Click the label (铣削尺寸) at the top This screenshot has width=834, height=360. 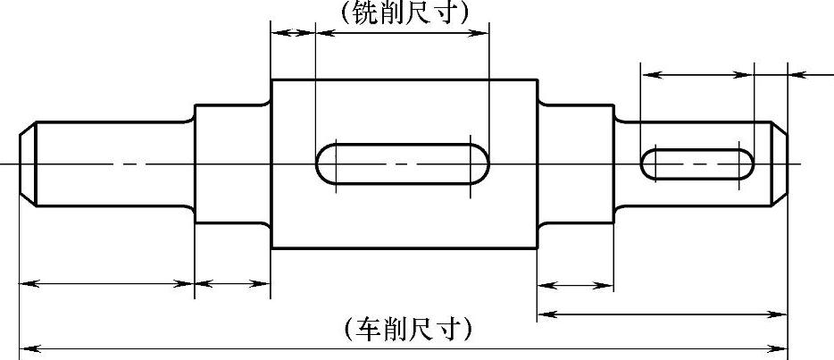click(404, 12)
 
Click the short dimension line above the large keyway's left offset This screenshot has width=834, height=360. click(293, 33)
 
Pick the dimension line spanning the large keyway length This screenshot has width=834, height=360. click(402, 33)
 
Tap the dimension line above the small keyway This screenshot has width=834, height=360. click(696, 74)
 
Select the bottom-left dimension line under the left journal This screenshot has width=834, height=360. click(106, 284)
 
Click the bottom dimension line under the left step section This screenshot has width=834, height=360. click(232, 284)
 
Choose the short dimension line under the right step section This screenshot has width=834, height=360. click(575, 286)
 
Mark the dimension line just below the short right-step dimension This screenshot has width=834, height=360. click(662, 314)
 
